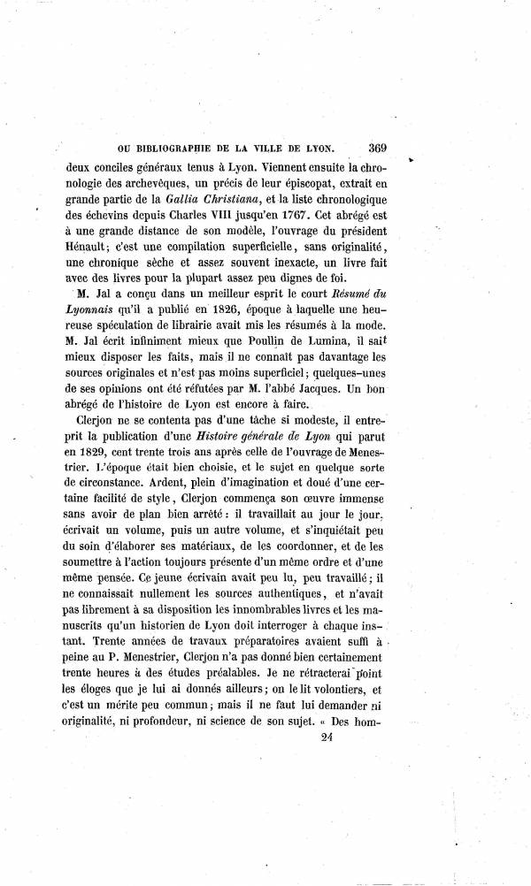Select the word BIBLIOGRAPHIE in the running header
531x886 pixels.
[187, 149]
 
